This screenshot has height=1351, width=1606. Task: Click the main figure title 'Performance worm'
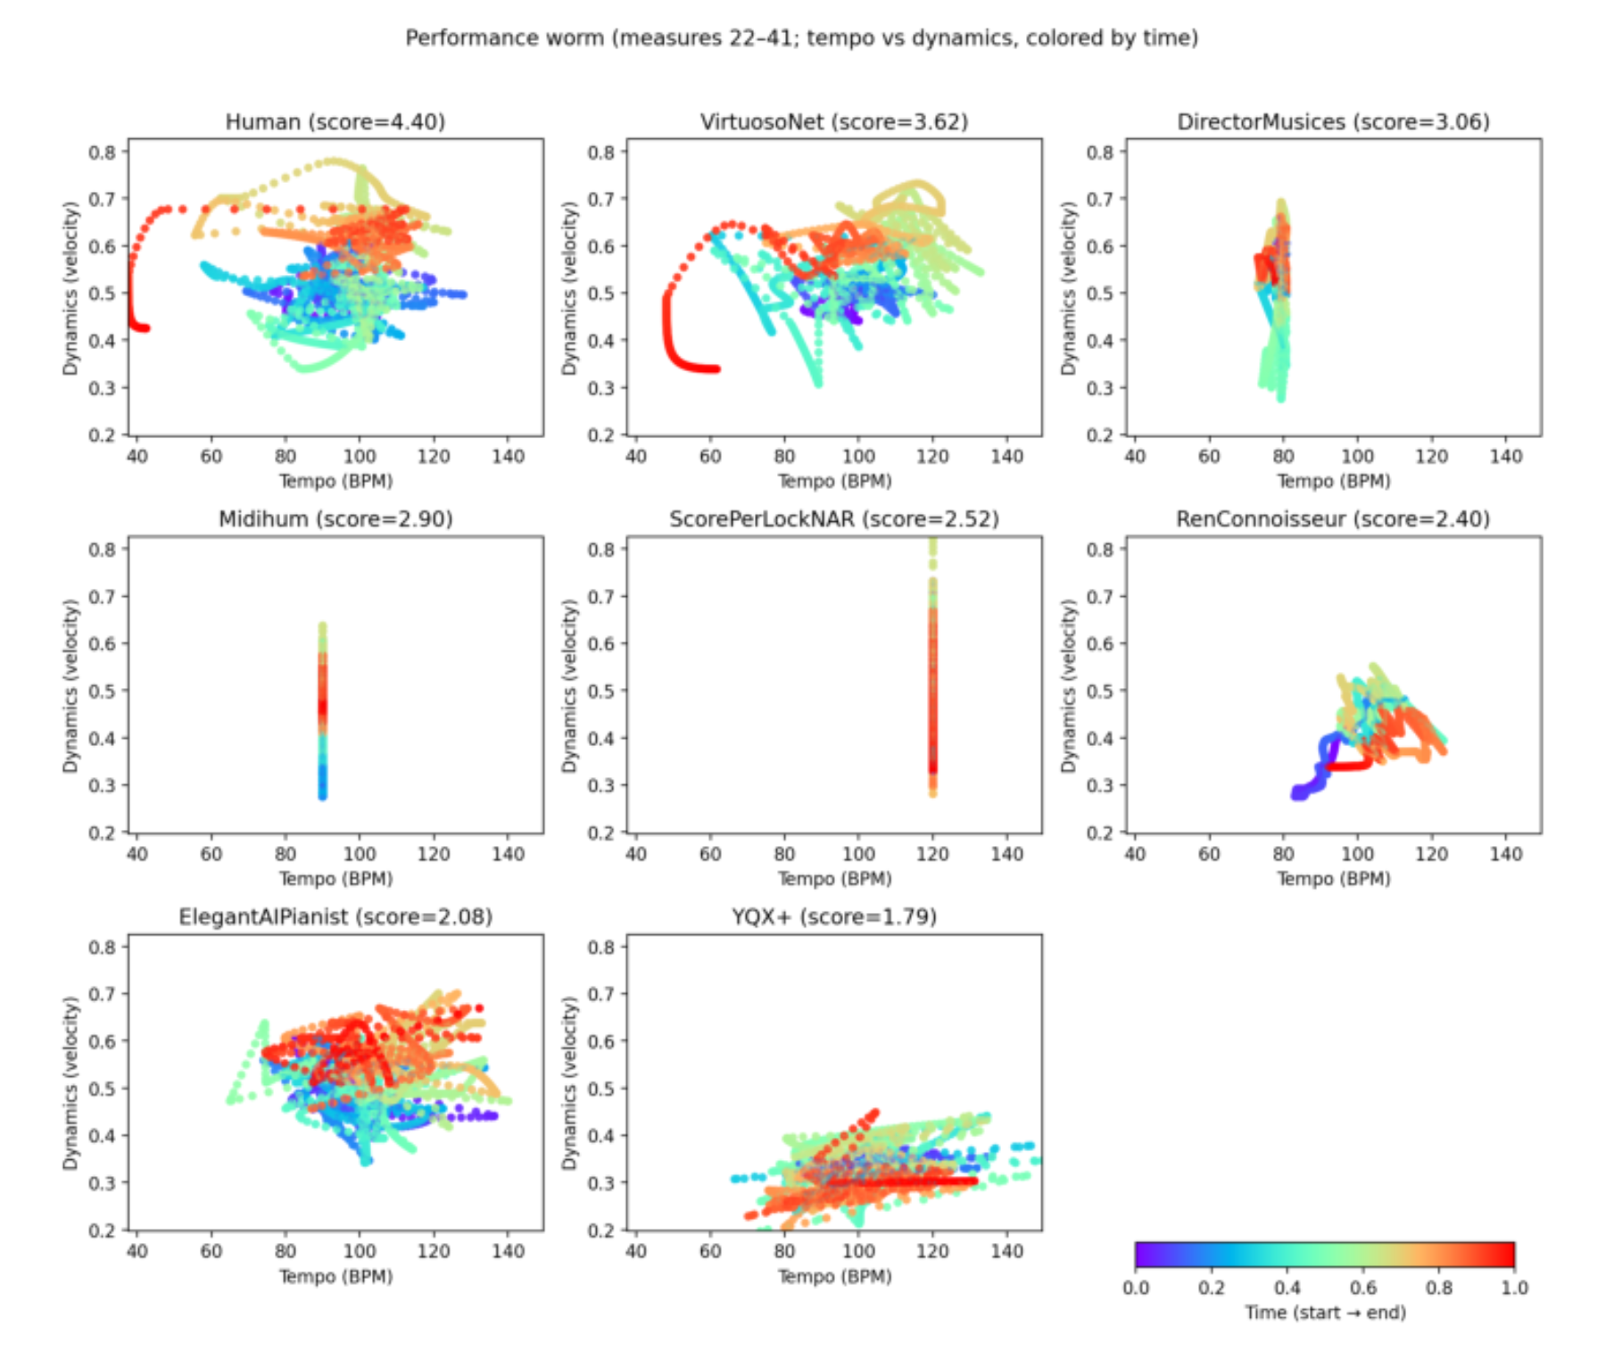504,38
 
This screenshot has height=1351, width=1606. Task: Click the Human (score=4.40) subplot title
335,121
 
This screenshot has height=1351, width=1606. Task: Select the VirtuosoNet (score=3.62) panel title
834,121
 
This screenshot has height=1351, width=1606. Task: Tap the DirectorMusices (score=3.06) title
1333,121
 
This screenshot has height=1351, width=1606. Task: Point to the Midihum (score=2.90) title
335,519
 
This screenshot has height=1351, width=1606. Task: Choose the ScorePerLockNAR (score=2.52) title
834,519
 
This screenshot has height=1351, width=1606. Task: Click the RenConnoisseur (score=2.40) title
1333,519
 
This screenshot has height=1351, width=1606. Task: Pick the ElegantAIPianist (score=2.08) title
335,917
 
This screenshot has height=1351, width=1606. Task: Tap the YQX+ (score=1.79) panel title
834,917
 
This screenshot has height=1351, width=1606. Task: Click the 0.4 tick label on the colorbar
1287,1288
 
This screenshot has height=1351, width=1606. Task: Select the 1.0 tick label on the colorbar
1515,1288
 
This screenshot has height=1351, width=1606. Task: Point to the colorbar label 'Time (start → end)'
1325,1313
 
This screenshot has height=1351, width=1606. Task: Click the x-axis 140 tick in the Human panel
509,456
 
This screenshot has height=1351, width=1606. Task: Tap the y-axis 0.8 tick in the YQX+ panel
601,947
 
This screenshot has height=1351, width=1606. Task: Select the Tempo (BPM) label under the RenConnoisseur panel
1333,879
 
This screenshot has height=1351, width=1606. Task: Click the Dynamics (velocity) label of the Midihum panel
70,685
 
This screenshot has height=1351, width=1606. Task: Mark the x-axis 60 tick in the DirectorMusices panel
1209,456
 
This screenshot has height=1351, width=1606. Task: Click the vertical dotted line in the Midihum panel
322,710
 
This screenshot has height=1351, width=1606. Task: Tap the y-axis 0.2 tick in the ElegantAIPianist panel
103,1231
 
